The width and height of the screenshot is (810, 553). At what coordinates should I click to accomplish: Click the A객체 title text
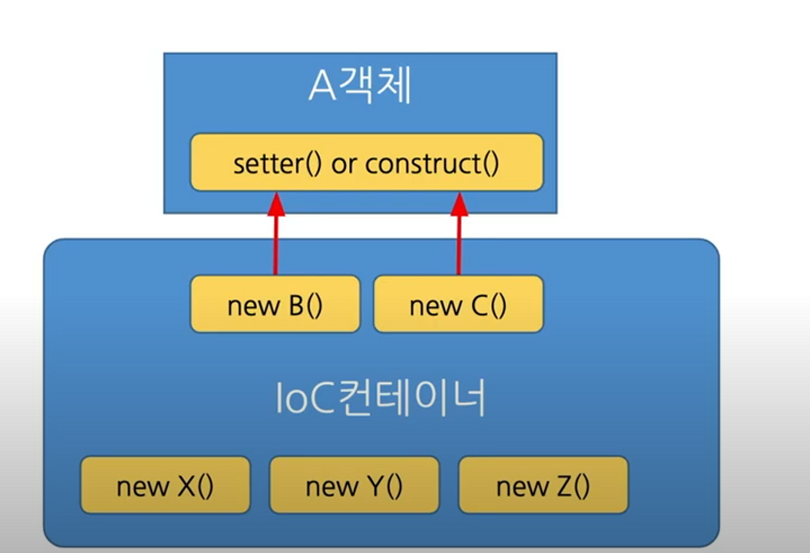360,86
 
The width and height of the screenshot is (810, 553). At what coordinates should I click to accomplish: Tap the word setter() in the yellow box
277,164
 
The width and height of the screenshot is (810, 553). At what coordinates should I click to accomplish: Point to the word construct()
432,164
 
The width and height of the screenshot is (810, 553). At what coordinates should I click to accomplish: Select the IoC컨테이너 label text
380,398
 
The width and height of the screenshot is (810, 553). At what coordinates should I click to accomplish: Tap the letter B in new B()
296,306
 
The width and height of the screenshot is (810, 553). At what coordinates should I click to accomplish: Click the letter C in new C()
480,306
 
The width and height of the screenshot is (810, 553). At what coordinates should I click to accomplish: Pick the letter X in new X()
186,486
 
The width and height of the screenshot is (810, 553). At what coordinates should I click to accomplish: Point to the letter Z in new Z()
565,486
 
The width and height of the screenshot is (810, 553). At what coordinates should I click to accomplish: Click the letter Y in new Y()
375,486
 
